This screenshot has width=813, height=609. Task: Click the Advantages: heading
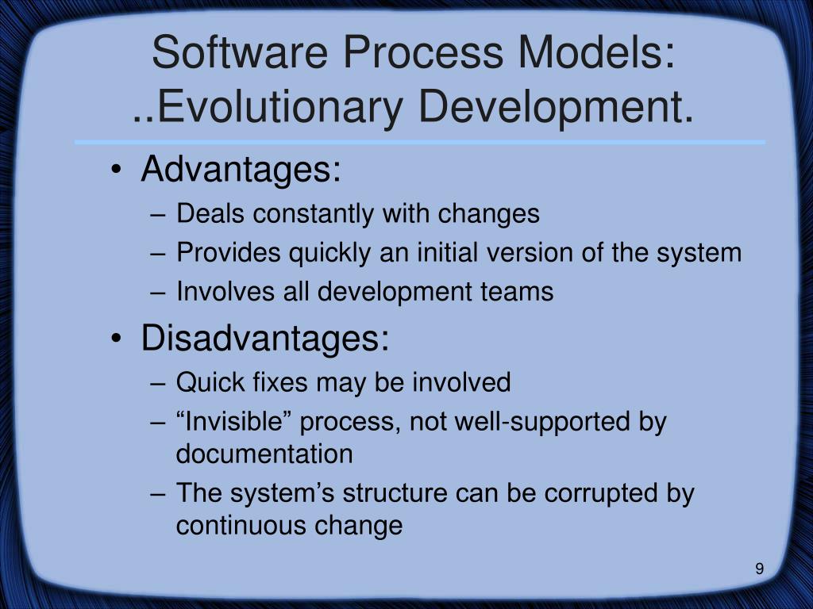click(x=241, y=170)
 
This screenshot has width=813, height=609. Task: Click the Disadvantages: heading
click(x=265, y=339)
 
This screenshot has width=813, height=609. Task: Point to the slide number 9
click(x=760, y=569)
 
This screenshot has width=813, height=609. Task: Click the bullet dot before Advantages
click(x=118, y=171)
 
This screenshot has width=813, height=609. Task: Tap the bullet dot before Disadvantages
click(x=118, y=340)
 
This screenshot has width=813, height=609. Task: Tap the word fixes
click(x=279, y=382)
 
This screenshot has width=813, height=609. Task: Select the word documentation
click(x=264, y=454)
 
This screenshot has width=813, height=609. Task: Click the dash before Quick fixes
click(x=158, y=383)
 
